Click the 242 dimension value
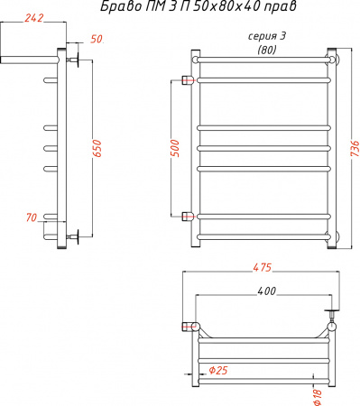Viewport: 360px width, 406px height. coord(32,18)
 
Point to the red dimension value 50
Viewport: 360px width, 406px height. coord(97,40)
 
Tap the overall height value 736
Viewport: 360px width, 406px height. coord(354,146)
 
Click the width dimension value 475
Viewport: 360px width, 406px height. coord(262,266)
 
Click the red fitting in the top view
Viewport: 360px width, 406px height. coord(190,326)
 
